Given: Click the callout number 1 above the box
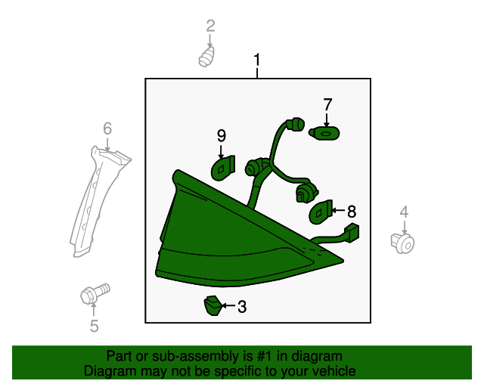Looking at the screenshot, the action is (x=257, y=60).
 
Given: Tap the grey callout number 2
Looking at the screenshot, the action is (x=210, y=26).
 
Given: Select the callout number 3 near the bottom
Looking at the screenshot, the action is (x=242, y=307).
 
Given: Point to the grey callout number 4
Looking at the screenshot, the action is (x=404, y=212).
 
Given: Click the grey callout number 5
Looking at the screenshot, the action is (x=94, y=326).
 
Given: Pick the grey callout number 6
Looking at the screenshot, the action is (x=107, y=128).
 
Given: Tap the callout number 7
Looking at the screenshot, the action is (x=327, y=104).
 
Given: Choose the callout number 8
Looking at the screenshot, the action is (x=352, y=212).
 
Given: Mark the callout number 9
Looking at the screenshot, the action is (x=222, y=136).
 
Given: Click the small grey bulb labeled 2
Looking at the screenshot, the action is (x=206, y=57).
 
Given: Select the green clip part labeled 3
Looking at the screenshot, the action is (x=213, y=305).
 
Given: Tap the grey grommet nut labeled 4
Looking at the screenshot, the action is (x=402, y=244).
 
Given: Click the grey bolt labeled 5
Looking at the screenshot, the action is (x=95, y=293).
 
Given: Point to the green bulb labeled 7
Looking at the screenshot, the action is (x=324, y=133).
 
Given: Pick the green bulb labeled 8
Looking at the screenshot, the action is (x=321, y=212).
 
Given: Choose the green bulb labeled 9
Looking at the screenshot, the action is (x=223, y=169).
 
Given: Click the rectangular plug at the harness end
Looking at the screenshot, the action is (x=352, y=233).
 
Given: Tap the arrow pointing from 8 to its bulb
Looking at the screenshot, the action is (x=339, y=210).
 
